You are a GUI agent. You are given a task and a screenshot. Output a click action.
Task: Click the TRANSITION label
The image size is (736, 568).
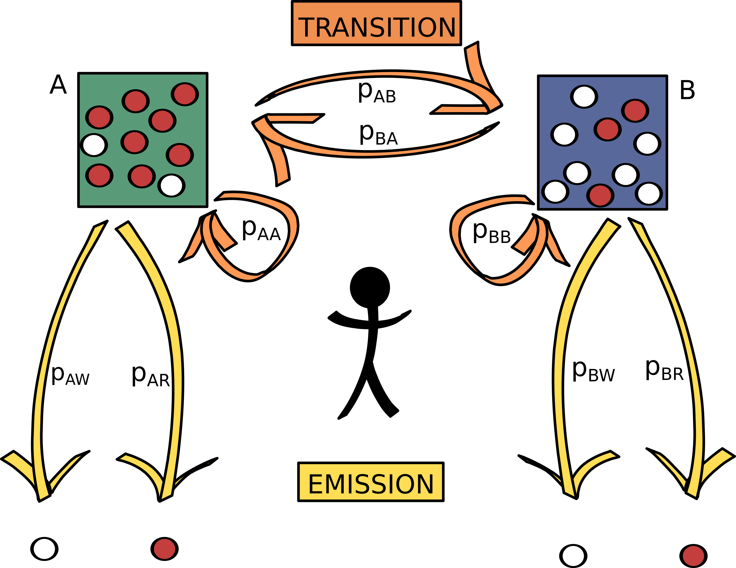pyautogui.click(x=376, y=23)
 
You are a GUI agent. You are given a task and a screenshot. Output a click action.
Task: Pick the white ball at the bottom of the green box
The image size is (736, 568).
pyautogui.click(x=171, y=186)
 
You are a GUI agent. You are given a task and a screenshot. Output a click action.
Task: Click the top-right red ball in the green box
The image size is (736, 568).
pyautogui.click(x=185, y=94)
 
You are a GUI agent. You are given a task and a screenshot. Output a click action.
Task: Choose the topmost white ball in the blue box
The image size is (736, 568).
pyautogui.click(x=584, y=97)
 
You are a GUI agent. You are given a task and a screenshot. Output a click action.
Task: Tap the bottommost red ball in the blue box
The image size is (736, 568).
pyautogui.click(x=600, y=195)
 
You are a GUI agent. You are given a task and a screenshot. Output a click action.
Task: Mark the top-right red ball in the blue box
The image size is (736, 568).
pyautogui.click(x=635, y=111)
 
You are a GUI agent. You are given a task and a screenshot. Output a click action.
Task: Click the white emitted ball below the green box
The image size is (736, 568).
pyautogui.click(x=44, y=549)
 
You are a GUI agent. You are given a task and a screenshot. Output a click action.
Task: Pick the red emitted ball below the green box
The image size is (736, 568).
pyautogui.click(x=165, y=549)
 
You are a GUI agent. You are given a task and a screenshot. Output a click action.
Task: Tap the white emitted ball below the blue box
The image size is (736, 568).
pyautogui.click(x=573, y=556)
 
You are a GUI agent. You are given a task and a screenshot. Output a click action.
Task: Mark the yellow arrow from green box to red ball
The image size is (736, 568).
pyautogui.click(x=174, y=337)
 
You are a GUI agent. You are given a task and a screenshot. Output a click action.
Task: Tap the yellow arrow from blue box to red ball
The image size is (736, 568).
pyautogui.click(x=687, y=337)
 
